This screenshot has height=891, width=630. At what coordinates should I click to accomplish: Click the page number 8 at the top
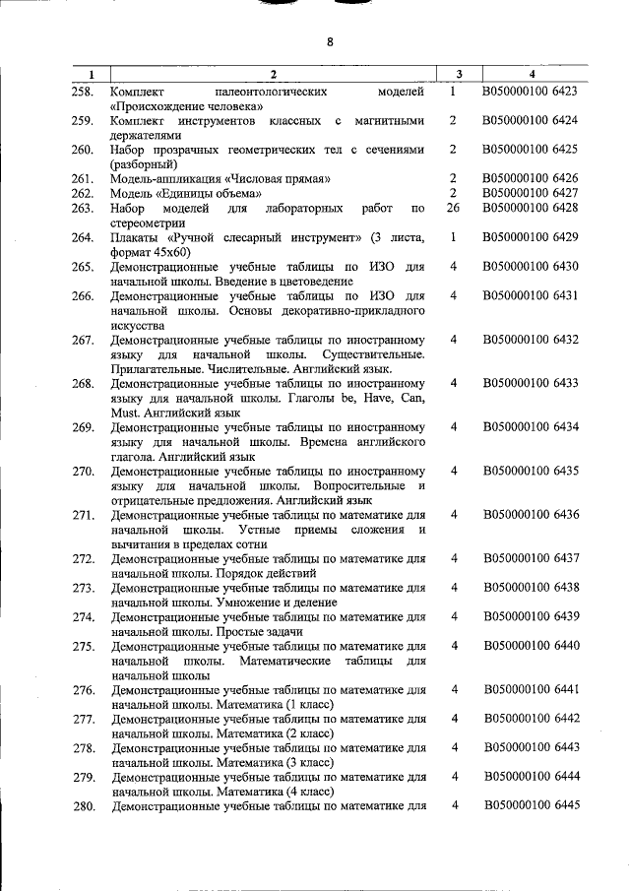330,41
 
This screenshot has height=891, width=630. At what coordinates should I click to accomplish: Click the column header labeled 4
531,75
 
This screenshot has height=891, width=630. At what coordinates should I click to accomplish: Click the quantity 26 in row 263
453,208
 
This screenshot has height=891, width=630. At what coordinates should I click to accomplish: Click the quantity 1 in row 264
452,237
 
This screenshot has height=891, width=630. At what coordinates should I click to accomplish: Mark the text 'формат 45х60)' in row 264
153,252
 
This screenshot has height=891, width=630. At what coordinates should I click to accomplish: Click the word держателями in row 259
148,134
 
